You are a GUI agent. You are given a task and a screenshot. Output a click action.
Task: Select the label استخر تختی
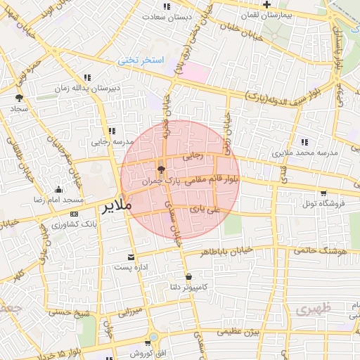141,60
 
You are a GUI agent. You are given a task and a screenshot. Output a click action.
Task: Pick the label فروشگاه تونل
322,203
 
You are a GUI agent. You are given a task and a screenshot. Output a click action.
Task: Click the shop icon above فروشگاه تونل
323,193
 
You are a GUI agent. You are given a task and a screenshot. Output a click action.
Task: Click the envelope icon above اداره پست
131,257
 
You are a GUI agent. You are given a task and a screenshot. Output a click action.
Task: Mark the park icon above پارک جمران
161,169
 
